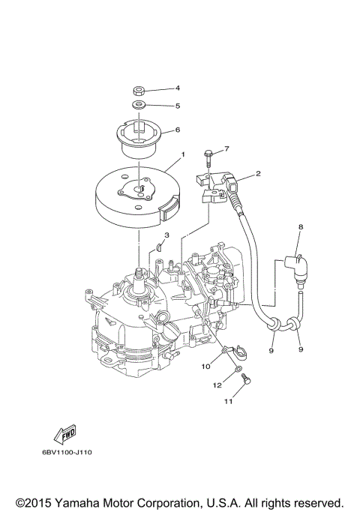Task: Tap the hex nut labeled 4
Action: click(139, 91)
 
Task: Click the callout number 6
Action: click(177, 130)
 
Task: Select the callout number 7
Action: click(226, 148)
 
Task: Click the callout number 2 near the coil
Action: click(258, 174)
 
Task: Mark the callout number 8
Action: click(301, 225)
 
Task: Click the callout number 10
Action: click(205, 366)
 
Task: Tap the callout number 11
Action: click(227, 403)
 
